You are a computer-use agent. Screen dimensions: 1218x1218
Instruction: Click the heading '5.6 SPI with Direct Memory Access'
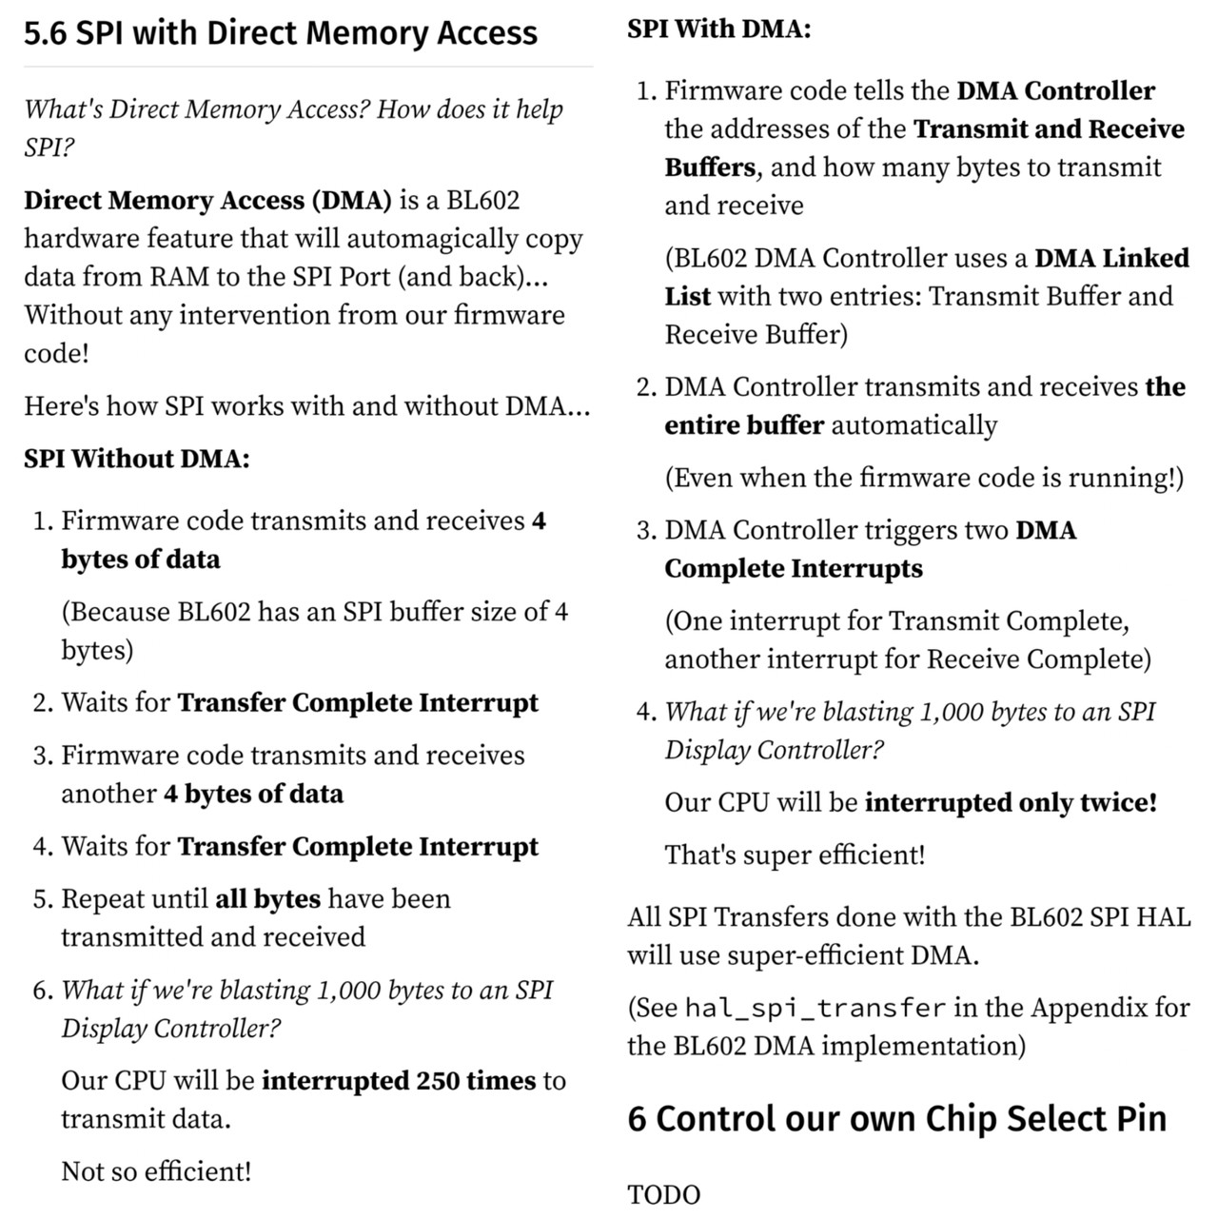tap(281, 33)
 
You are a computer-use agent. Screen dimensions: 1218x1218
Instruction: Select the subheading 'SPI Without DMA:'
tap(137, 459)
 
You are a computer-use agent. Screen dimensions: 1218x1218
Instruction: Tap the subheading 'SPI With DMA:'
tap(719, 29)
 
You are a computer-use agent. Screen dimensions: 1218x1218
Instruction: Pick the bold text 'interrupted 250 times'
tap(399, 1081)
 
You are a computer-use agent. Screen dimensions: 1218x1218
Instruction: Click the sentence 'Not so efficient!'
tap(156, 1171)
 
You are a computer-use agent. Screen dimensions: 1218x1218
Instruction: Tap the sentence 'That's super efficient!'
tap(795, 855)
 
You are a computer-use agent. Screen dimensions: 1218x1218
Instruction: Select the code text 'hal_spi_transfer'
tap(815, 1008)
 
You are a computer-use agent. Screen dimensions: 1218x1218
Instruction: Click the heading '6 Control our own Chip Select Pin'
tap(896, 1118)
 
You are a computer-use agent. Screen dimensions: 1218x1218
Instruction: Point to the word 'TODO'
tap(664, 1195)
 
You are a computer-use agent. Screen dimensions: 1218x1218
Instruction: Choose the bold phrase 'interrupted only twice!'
tap(1011, 803)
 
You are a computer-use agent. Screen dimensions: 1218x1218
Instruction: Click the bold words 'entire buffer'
tap(744, 425)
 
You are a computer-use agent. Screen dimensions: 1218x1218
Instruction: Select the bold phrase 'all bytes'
tap(267, 899)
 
